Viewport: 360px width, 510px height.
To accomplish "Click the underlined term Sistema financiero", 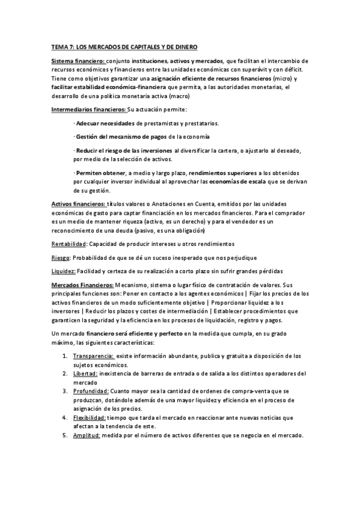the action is click(x=78, y=61).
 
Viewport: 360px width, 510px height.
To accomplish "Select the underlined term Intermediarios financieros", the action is click(x=88, y=109).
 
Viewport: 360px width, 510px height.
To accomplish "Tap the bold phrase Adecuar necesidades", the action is click(x=105, y=123).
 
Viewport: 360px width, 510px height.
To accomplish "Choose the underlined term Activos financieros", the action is click(x=79, y=204).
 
